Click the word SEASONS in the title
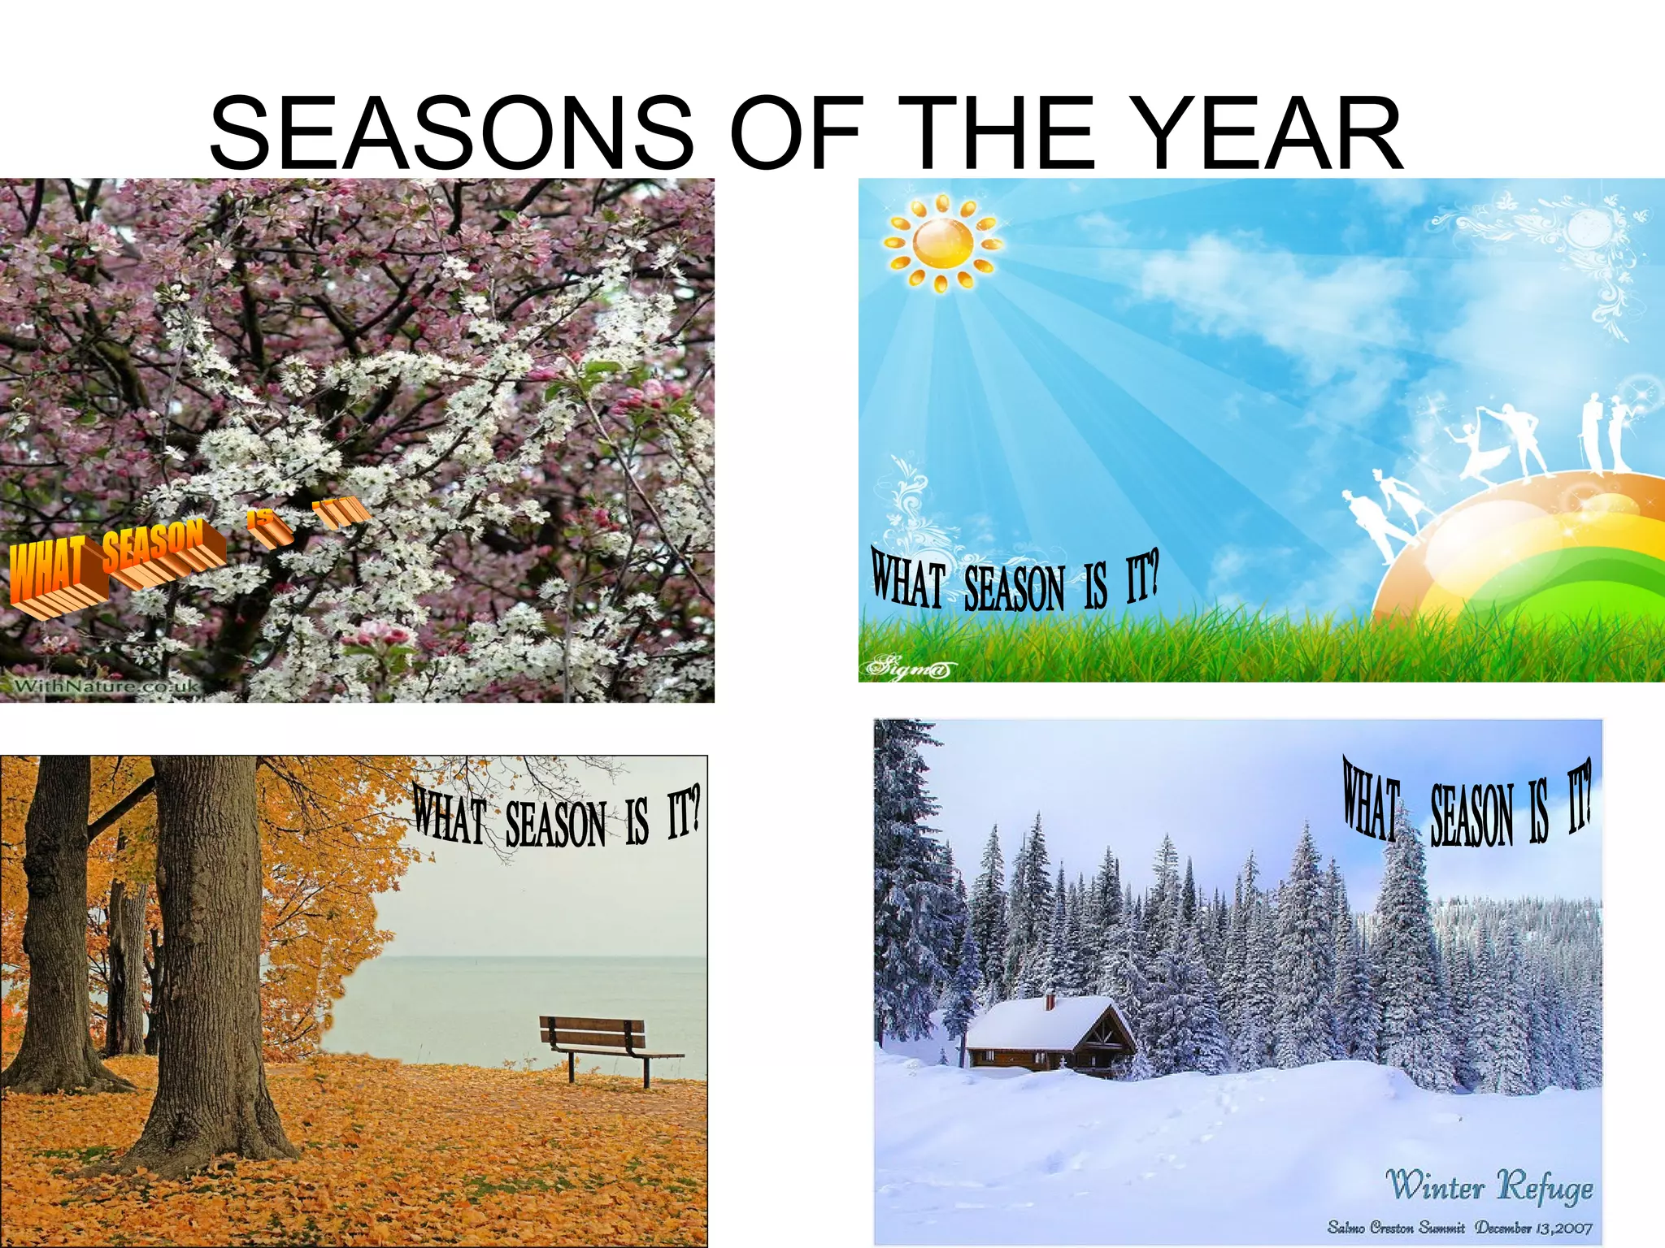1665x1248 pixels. coord(452,132)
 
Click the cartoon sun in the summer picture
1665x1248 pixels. coord(943,243)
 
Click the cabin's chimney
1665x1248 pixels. coord(1050,1001)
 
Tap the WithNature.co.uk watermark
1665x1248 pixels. coord(106,687)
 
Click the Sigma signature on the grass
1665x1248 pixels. coord(906,669)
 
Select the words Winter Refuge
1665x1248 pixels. coord(1488,1186)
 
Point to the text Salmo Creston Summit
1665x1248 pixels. coord(1395,1227)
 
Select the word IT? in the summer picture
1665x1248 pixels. coord(1141,578)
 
